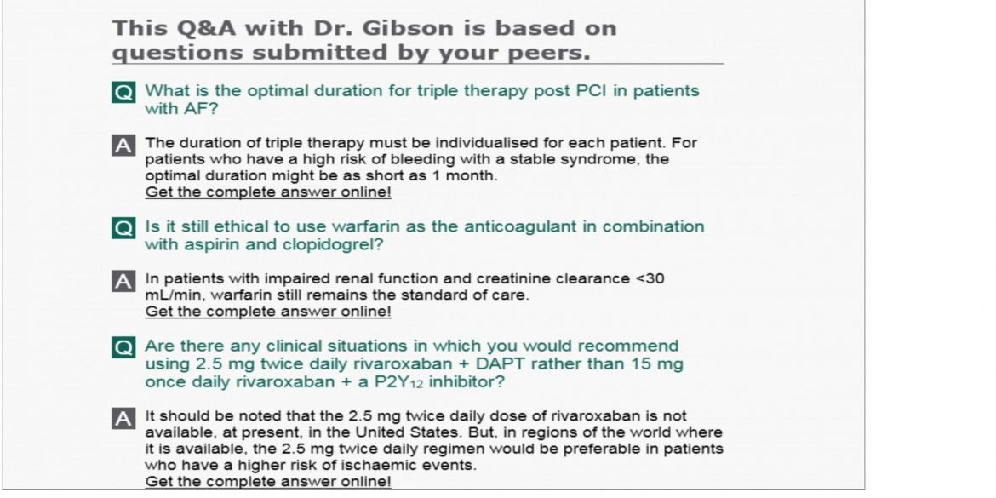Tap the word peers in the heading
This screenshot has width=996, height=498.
click(x=539, y=52)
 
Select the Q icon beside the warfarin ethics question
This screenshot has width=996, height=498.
click(x=123, y=229)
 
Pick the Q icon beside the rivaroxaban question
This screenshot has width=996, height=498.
click(x=123, y=348)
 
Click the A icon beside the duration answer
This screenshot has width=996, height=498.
click(x=123, y=146)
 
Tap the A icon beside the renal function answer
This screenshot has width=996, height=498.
click(x=123, y=281)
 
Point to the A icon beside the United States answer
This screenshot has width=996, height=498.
click(x=123, y=418)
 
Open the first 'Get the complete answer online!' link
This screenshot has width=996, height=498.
click(x=268, y=192)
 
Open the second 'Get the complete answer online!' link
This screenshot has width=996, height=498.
click(x=268, y=312)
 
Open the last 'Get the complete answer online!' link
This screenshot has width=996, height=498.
click(x=268, y=482)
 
